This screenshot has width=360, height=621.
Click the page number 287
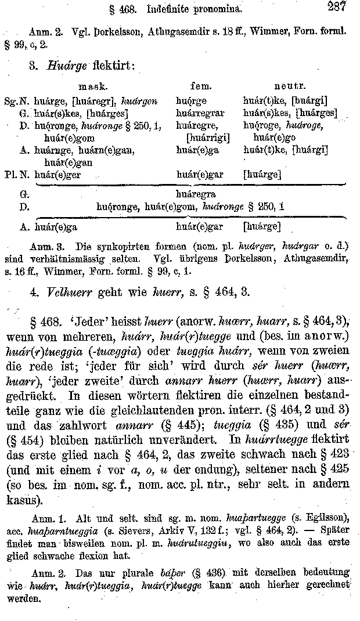tap(336, 6)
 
